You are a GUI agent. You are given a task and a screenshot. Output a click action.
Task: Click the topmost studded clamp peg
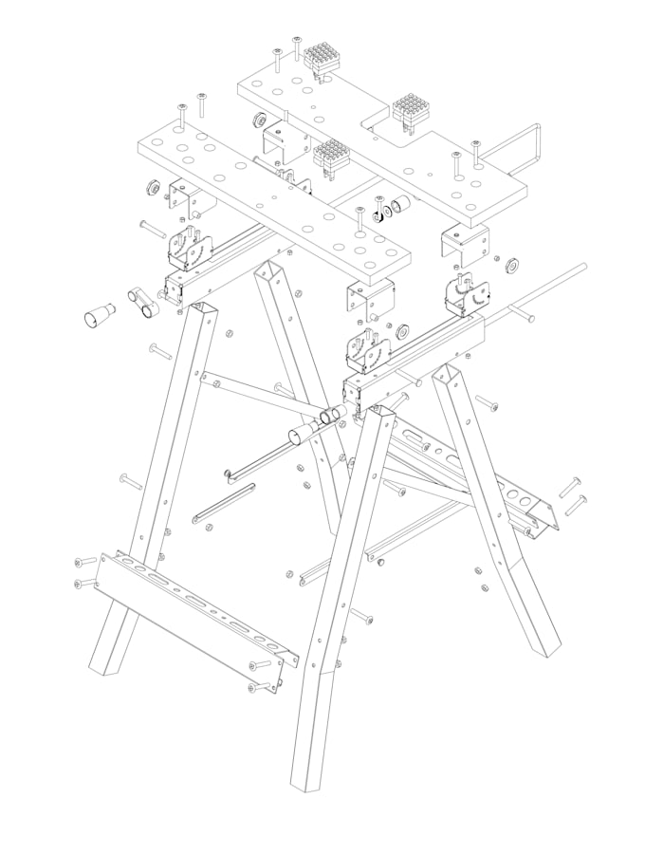pyautogui.click(x=322, y=60)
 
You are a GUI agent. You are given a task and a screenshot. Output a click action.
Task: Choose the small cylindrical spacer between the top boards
pyautogui.click(x=399, y=204)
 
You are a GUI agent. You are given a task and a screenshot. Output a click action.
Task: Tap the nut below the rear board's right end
pyautogui.click(x=507, y=262)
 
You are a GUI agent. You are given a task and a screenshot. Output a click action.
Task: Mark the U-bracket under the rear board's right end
pyautogui.click(x=466, y=245)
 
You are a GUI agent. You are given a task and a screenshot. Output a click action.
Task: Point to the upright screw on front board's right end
pyautogui.click(x=359, y=219)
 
